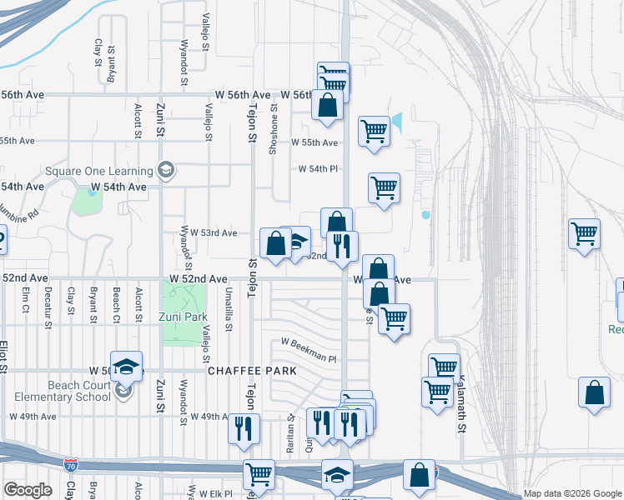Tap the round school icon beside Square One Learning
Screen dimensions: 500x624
click(166, 171)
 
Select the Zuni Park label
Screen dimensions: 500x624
click(183, 317)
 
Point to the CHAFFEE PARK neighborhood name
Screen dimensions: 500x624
click(241, 370)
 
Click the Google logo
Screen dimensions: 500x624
click(28, 490)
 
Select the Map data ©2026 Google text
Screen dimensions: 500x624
click(571, 493)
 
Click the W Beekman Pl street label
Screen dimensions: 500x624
click(308, 350)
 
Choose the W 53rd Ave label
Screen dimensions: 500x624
click(214, 232)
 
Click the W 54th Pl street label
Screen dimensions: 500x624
click(319, 169)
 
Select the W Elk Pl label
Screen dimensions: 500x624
click(213, 494)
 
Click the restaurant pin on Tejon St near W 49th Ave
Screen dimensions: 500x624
click(244, 428)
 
